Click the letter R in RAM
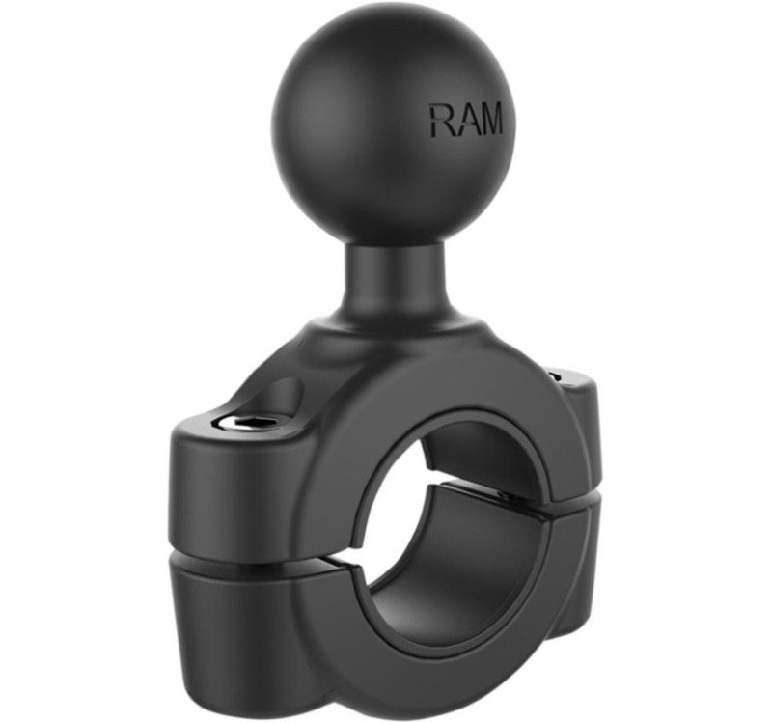(441, 120)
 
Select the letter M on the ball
(490, 118)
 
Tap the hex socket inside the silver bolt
(235, 422)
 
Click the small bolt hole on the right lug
(555, 375)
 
